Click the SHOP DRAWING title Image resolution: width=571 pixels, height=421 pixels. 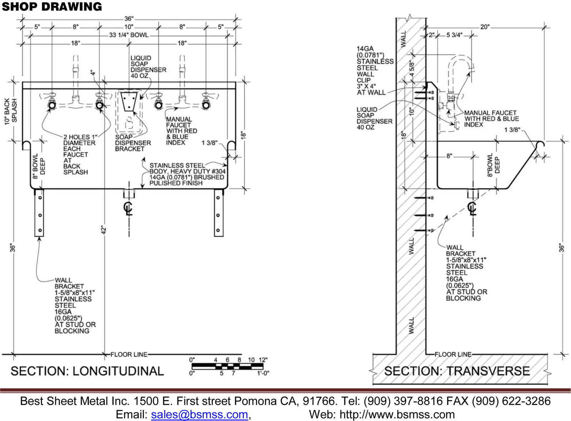pos(52,7)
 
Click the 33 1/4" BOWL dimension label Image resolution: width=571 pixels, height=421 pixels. pos(129,35)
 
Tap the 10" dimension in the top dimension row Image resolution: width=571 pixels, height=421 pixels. pos(129,26)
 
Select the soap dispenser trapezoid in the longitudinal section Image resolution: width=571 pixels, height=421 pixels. pos(129,102)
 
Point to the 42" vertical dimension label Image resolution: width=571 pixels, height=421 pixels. pos(103,230)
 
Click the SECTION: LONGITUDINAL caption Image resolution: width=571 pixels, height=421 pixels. pos(87,371)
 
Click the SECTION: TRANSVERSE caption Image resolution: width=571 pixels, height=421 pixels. pos(457,371)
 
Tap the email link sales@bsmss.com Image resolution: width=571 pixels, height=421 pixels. pos(199,414)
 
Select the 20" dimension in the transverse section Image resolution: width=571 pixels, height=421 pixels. pos(485,27)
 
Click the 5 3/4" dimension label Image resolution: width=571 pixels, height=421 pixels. pos(454,35)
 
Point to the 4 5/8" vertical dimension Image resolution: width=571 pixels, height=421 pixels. pos(412,68)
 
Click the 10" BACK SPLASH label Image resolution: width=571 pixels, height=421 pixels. pos(11,112)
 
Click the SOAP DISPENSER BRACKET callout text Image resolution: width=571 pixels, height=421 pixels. pos(133,143)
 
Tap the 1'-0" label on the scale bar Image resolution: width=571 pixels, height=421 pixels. pos(263,373)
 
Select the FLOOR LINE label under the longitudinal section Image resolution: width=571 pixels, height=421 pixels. pos(129,355)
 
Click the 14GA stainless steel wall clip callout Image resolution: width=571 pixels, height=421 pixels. pos(375,70)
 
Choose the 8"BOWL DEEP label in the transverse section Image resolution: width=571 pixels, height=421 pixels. pos(494,165)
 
